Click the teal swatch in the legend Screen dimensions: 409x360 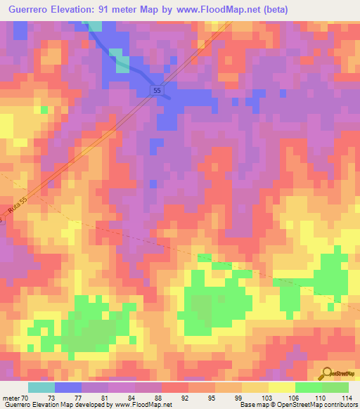click(41, 387)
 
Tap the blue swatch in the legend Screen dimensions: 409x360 click(68, 387)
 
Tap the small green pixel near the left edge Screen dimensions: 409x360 click(44, 110)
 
